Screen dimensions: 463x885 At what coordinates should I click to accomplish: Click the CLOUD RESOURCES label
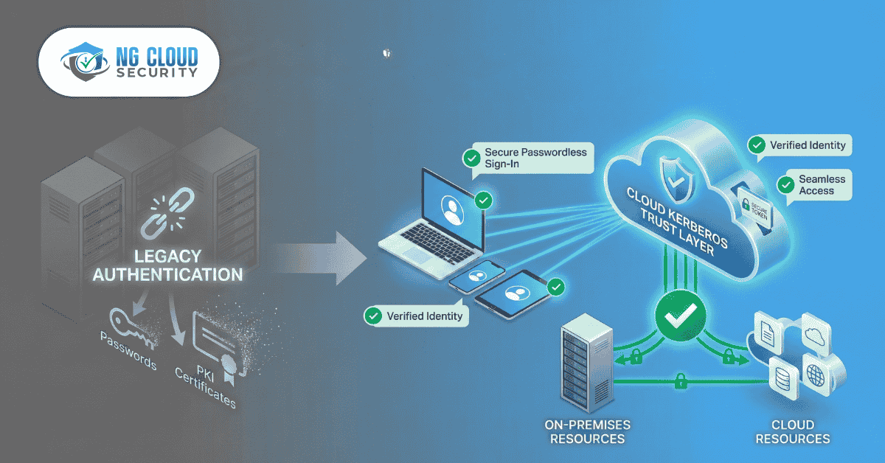(x=793, y=432)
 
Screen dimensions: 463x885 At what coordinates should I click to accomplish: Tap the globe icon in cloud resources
(x=816, y=376)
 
